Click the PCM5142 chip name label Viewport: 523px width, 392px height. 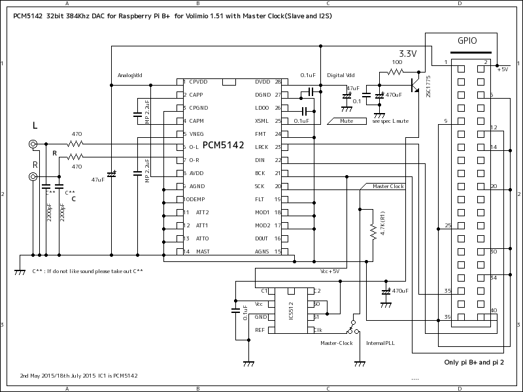tap(223, 145)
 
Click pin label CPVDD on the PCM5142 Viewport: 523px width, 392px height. tap(199, 82)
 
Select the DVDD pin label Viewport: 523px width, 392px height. tap(263, 82)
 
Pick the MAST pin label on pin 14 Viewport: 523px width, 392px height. tap(203, 252)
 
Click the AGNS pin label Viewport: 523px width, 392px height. tap(263, 252)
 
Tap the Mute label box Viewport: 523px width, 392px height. tap(346, 121)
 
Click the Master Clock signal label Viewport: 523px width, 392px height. tap(388, 186)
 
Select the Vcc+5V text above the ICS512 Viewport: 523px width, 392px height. tap(329, 270)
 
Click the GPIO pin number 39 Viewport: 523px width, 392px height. tap(447, 317)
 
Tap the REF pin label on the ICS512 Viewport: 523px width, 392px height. tap(260, 330)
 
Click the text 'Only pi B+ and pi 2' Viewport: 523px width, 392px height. tap(473, 363)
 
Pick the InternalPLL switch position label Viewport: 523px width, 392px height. tap(380, 343)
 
